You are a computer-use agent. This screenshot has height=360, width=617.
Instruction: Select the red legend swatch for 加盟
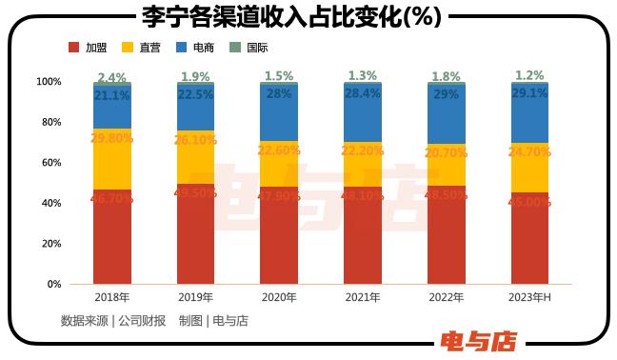(x=73, y=47)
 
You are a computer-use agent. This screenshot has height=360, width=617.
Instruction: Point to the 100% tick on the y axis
(x=49, y=82)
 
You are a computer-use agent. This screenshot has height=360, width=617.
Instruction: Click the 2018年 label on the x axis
(x=112, y=298)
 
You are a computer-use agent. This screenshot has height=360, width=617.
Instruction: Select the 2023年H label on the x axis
(x=530, y=298)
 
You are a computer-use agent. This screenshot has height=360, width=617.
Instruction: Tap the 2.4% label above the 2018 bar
(x=112, y=77)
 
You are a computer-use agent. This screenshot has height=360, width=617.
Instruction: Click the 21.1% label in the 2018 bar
(x=112, y=95)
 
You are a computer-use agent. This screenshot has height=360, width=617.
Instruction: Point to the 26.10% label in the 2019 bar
(x=196, y=139)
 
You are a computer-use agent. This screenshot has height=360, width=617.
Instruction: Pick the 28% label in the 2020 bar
(x=279, y=94)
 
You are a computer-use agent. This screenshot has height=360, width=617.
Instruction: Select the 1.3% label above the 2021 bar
(x=363, y=76)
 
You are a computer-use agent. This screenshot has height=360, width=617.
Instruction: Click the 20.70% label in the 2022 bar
(x=447, y=152)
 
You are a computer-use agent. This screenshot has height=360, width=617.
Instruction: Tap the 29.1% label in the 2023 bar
(x=530, y=94)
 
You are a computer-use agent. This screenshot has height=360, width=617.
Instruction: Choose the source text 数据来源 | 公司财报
(x=113, y=321)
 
